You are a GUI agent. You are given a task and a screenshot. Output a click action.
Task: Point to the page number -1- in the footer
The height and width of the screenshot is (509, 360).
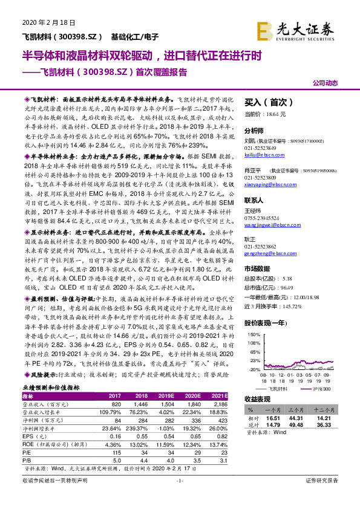[179, 498]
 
